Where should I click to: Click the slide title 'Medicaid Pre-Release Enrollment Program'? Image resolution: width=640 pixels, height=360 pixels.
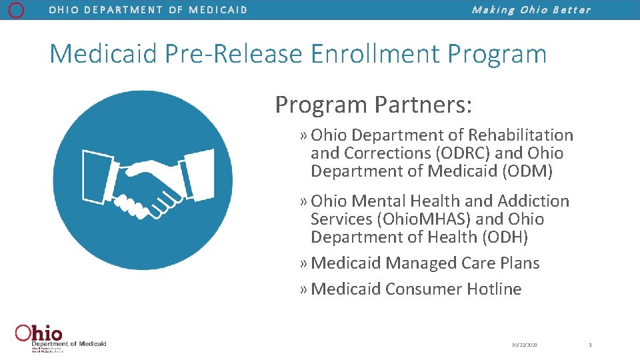coord(297,54)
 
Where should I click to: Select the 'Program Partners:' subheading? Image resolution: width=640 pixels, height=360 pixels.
coord(373,105)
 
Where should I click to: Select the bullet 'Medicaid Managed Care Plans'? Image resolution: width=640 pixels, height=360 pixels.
coord(425,263)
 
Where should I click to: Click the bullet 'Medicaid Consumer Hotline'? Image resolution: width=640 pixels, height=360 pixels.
coord(415,289)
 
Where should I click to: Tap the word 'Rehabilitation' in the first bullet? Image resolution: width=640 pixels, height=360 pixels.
coord(521,135)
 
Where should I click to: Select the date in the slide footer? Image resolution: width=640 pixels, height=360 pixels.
coord(525,345)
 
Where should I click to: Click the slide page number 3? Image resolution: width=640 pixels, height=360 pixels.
coord(590,345)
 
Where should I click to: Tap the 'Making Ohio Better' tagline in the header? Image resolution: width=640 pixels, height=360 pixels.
coord(531,10)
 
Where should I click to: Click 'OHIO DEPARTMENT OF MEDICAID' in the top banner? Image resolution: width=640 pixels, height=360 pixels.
coord(148,10)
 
